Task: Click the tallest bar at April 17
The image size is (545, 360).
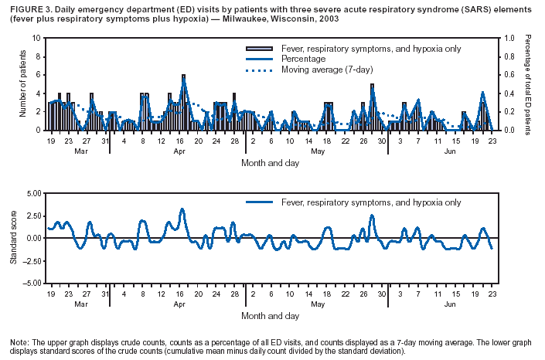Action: coord(183,102)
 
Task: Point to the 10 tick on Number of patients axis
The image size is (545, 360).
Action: coord(39,38)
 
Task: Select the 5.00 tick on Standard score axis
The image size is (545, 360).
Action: coord(32,193)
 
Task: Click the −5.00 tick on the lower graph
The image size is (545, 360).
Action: coord(32,284)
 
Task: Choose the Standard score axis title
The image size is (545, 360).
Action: coord(13,238)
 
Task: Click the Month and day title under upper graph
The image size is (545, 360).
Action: coord(270,165)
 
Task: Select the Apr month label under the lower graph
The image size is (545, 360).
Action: coord(179,305)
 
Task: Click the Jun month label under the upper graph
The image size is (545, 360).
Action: coord(450,151)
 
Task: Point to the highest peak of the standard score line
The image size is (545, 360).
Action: coord(182,209)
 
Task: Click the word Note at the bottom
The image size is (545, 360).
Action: coord(19,342)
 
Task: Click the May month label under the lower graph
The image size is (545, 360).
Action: coord(318,305)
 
